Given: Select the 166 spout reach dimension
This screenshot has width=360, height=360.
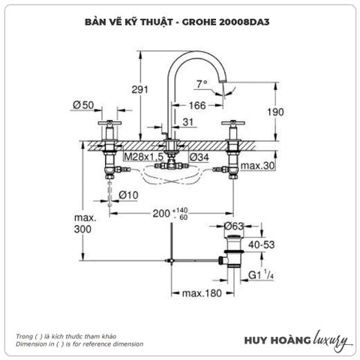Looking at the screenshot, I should tap(197, 106).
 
